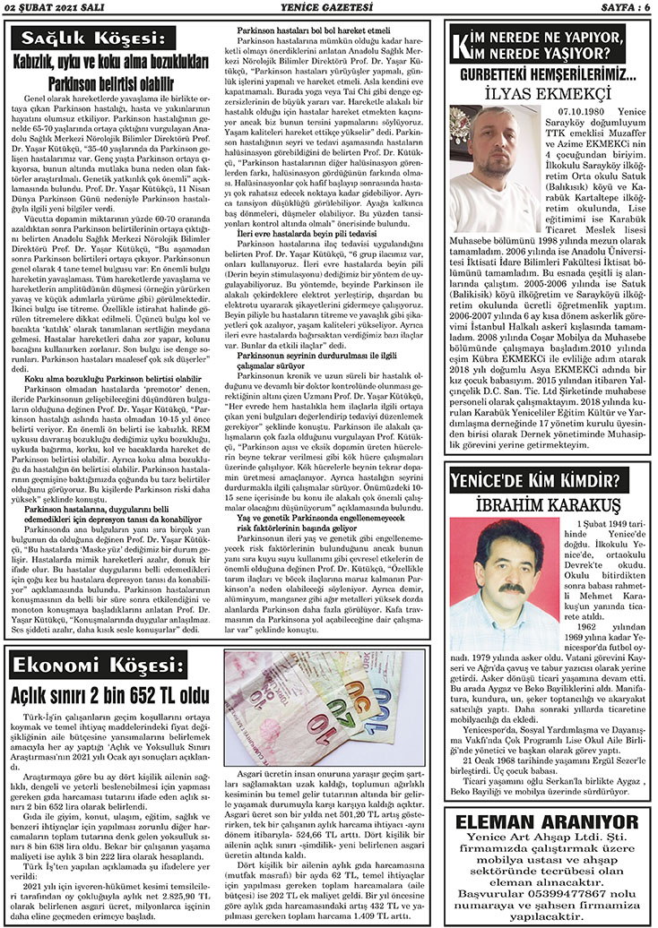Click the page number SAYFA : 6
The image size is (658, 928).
(623, 8)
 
